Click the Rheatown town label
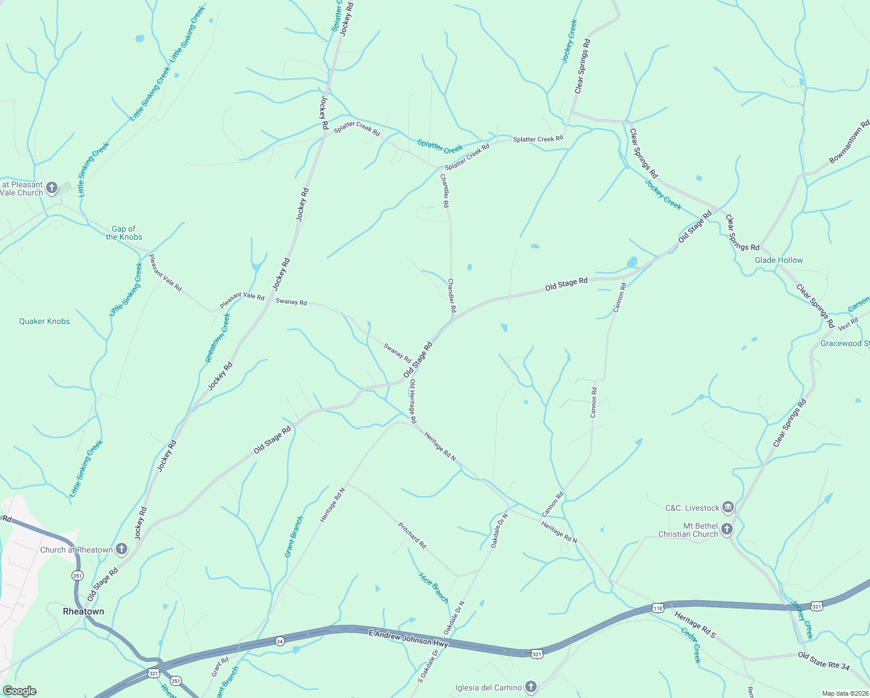click(83, 611)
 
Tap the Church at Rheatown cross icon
click(122, 549)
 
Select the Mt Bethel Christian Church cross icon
click(727, 529)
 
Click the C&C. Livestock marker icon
click(728, 507)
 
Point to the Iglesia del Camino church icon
click(530, 687)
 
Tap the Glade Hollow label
click(779, 260)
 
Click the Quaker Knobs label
click(44, 321)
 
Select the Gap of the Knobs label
click(124, 233)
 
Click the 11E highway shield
click(657, 608)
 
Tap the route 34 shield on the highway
click(280, 641)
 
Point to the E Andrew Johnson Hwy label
click(408, 638)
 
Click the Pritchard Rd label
click(412, 535)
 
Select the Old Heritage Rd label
click(412, 401)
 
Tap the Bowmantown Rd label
click(849, 141)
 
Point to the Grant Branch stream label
click(294, 537)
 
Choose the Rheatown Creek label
click(217, 338)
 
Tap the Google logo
click(19, 691)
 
